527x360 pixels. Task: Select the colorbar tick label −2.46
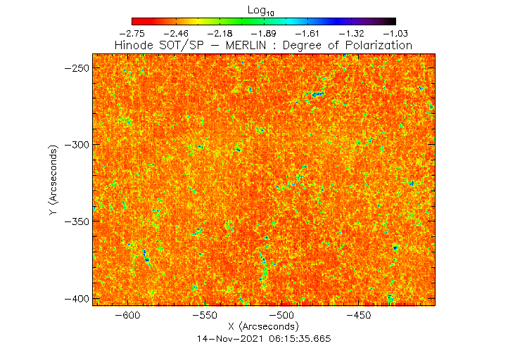coord(175,33)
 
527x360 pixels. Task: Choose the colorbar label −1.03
coord(395,33)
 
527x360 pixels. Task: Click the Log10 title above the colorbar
coord(262,10)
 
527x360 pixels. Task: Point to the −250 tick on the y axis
coord(75,67)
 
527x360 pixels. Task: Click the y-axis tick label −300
coord(75,144)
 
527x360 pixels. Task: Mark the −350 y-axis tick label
coord(75,221)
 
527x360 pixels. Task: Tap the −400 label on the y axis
coord(75,298)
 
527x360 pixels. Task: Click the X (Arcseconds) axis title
coord(264,328)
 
